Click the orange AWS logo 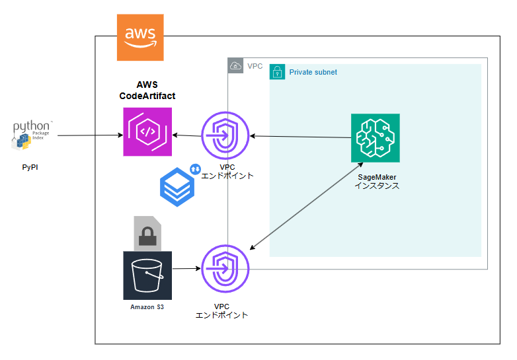coord(140,36)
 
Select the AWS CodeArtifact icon coord(147,132)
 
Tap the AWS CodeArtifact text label coord(147,90)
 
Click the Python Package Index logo coord(32,134)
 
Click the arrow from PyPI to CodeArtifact coord(89,135)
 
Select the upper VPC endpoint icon coord(225,136)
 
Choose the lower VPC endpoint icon coord(225,268)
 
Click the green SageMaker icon coord(375,137)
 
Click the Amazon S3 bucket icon coord(147,275)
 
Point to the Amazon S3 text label coord(147,307)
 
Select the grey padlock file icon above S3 coord(147,233)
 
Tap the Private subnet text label coord(313,72)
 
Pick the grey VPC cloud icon coord(235,65)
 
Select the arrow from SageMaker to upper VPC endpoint coord(300,137)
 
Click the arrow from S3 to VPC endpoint coord(186,269)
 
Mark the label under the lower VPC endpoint coord(221,311)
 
